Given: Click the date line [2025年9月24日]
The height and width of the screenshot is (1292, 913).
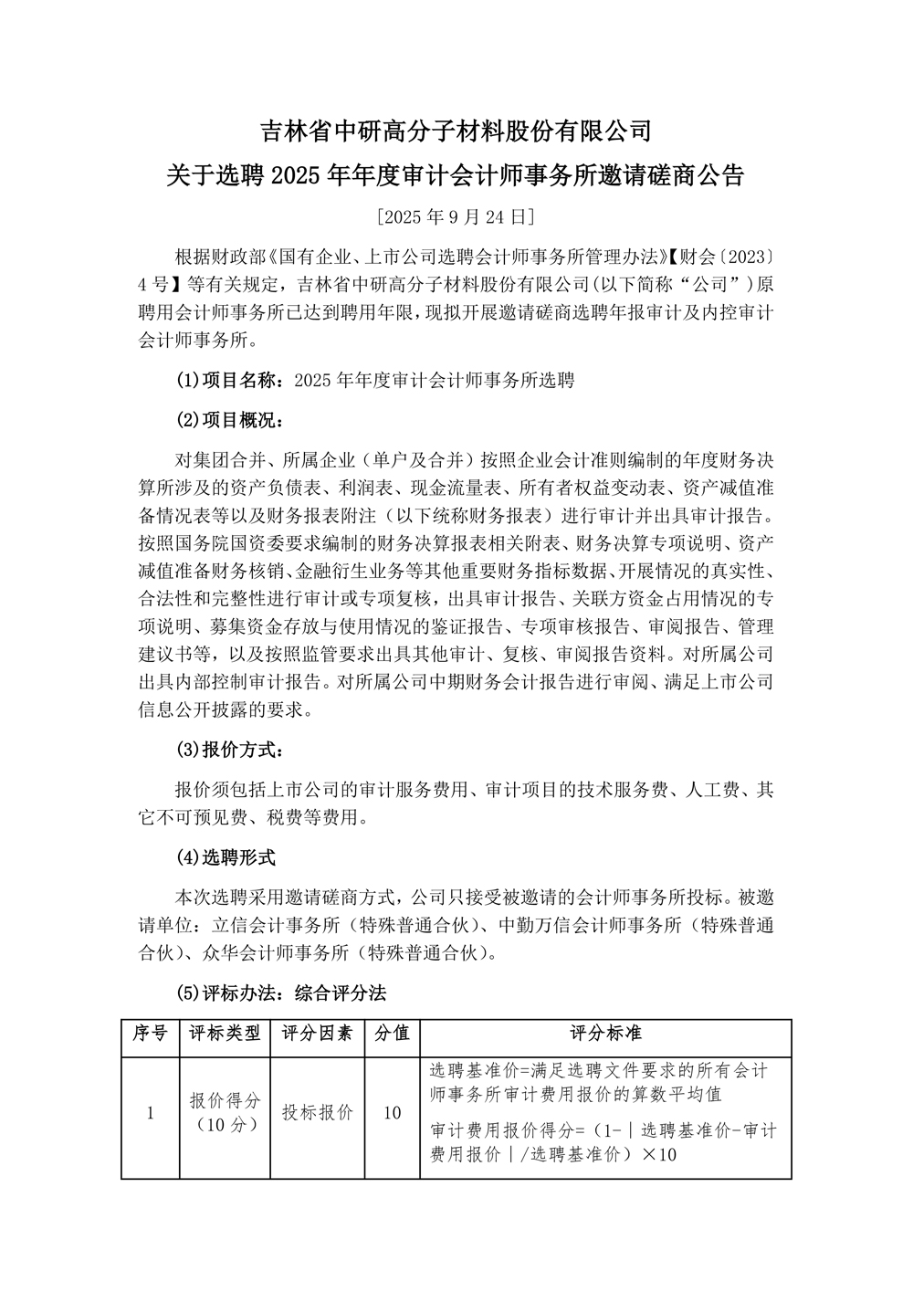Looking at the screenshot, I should (x=456, y=217).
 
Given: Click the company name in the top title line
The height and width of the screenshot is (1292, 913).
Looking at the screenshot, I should (x=456, y=131).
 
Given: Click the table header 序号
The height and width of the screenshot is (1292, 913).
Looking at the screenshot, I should (x=150, y=1033).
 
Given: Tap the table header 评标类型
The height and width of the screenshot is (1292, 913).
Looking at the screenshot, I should (x=225, y=1033).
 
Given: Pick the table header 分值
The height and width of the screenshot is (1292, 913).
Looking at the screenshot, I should (x=393, y=1033).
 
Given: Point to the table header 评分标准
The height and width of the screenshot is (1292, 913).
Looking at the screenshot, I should (x=605, y=1033).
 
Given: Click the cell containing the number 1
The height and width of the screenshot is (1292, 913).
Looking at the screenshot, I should (x=150, y=1113).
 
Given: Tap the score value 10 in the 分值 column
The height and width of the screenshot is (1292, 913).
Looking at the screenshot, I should (x=393, y=1113).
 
